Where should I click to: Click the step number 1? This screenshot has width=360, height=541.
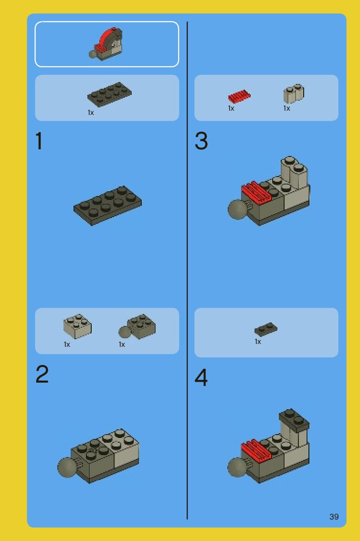pyautogui.click(x=39, y=141)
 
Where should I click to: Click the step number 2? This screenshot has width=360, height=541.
pyautogui.click(x=42, y=374)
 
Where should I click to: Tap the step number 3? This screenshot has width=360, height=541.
pyautogui.click(x=201, y=141)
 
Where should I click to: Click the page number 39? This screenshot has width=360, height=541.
pyautogui.click(x=334, y=517)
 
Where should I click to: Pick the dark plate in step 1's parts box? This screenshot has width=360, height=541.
pyautogui.click(x=109, y=94)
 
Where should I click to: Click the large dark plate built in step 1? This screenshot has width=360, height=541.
pyautogui.click(x=108, y=205)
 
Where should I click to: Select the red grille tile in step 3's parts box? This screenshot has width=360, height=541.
pyautogui.click(x=239, y=96)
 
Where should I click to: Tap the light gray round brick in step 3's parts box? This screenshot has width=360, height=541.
pyautogui.click(x=294, y=94)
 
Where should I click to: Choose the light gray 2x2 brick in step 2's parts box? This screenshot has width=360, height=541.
pyautogui.click(x=77, y=326)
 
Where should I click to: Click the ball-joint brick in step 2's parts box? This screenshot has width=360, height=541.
pyautogui.click(x=137, y=326)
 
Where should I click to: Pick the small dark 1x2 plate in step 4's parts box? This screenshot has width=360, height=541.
pyautogui.click(x=266, y=329)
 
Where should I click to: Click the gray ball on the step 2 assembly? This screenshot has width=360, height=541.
pyautogui.click(x=67, y=467)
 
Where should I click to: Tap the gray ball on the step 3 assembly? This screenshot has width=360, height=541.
pyautogui.click(x=237, y=209)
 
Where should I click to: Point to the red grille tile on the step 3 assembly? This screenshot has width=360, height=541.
pyautogui.click(x=256, y=192)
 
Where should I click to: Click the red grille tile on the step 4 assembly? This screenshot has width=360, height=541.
pyautogui.click(x=256, y=450)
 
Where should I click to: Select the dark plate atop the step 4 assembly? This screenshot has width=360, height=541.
pyautogui.click(x=294, y=419)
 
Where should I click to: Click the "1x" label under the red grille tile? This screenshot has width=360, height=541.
pyautogui.click(x=231, y=108)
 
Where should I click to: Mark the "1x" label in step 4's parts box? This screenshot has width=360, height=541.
pyautogui.click(x=258, y=342)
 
